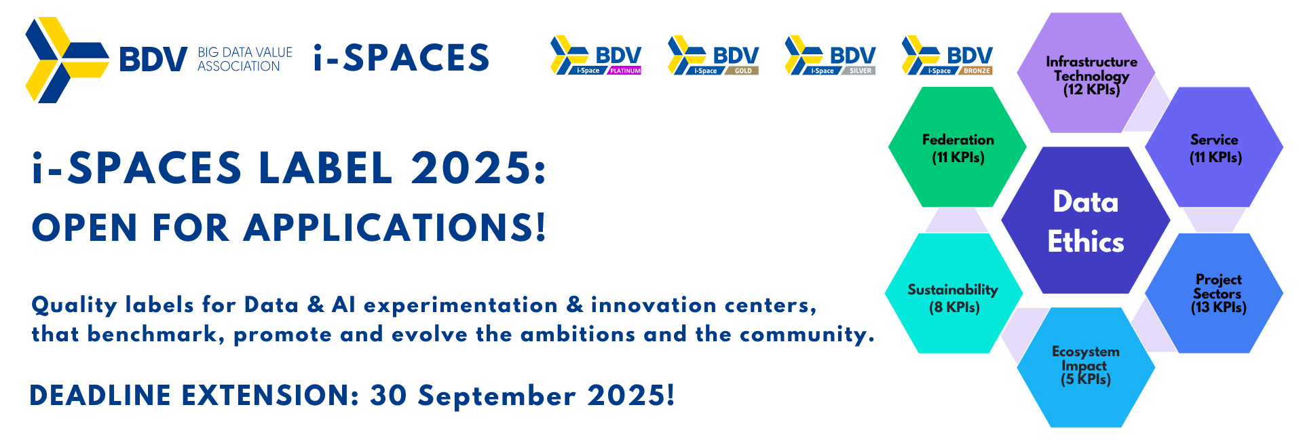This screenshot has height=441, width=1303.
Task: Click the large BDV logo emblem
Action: [x=66, y=60]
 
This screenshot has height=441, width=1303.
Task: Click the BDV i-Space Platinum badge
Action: [x=596, y=55]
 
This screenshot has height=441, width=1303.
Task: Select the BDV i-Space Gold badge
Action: [x=713, y=55]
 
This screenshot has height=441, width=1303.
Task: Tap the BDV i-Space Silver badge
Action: [x=830, y=55]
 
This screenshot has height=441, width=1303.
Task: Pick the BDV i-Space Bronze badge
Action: [x=947, y=55]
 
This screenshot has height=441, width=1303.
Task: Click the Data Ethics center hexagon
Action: [x=1085, y=221]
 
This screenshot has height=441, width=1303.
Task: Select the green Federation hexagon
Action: [x=957, y=148]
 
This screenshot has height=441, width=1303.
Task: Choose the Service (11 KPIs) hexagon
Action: [x=1214, y=148]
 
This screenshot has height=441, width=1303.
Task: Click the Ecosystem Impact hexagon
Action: [x=1085, y=366]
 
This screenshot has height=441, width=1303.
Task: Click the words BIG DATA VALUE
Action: [x=245, y=52]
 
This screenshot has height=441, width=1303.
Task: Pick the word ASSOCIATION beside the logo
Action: [x=239, y=66]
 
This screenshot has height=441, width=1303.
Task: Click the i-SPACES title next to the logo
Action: [x=401, y=58]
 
